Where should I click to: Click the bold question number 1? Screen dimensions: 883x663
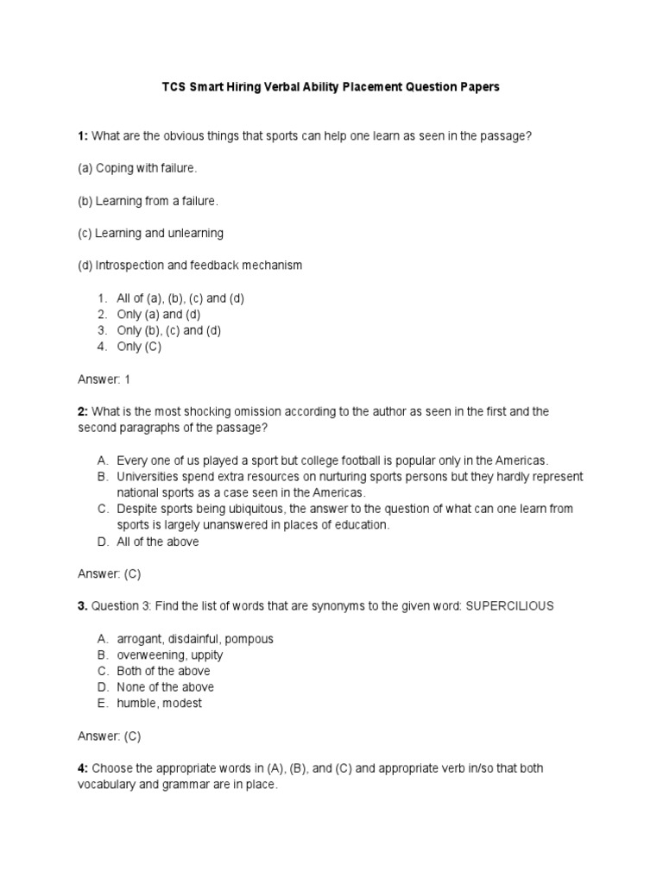click(x=83, y=135)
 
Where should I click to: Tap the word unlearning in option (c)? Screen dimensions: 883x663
click(x=196, y=233)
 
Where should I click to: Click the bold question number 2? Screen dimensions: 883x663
click(x=83, y=412)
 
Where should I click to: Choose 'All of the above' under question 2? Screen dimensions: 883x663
click(x=158, y=542)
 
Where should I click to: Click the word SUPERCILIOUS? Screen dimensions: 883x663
click(x=509, y=606)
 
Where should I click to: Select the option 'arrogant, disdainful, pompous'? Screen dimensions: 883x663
click(x=194, y=639)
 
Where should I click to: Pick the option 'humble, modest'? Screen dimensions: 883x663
click(x=160, y=704)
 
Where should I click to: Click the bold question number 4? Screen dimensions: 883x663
click(x=83, y=768)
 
